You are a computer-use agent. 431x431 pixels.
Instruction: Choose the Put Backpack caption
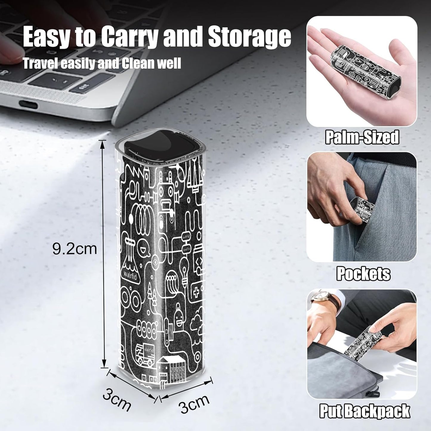tap(365, 411)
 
